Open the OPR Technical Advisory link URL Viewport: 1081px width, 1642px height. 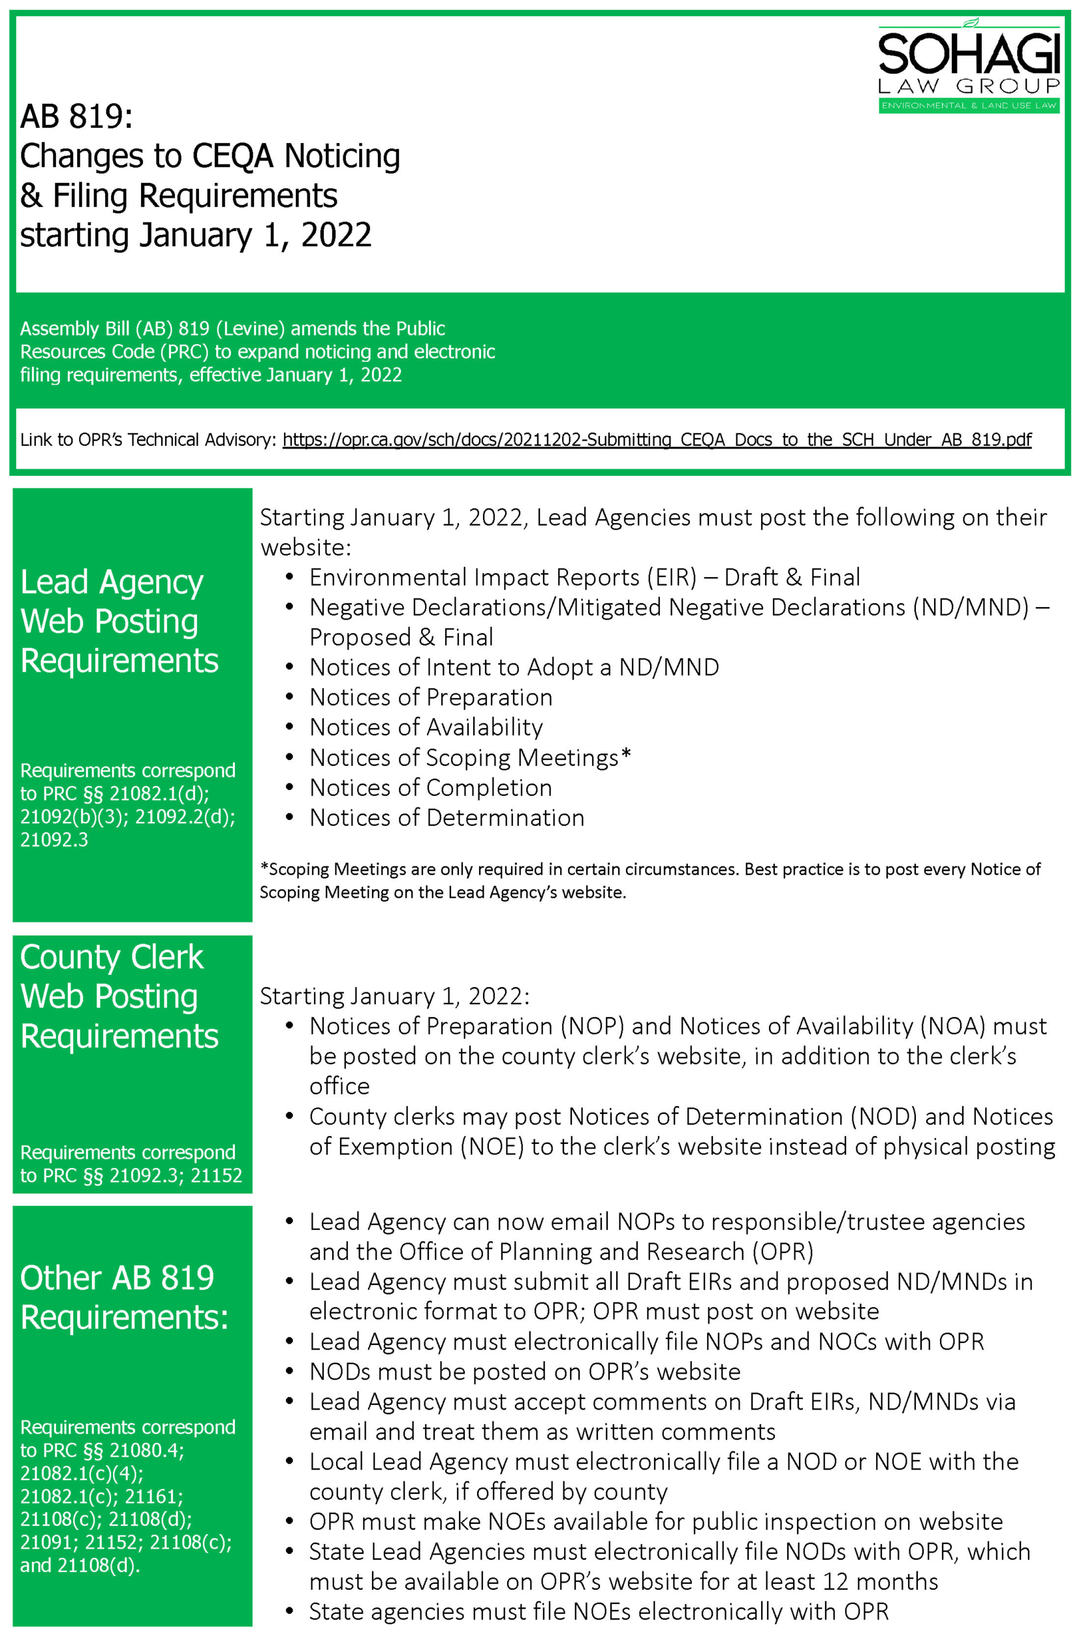[x=656, y=439]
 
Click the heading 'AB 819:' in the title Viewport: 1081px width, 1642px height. [x=76, y=117]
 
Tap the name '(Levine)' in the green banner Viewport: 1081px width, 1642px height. [x=250, y=328]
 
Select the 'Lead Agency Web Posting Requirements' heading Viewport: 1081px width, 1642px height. [x=119, y=621]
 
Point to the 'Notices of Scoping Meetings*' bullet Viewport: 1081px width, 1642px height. [x=470, y=757]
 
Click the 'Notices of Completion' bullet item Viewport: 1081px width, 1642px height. [x=430, y=787]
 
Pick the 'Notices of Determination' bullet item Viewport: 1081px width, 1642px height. [x=446, y=817]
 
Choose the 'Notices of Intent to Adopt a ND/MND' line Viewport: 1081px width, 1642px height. [x=514, y=667]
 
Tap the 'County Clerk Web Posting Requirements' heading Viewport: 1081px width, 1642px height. [x=119, y=996]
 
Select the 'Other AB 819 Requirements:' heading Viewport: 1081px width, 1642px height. [x=123, y=1297]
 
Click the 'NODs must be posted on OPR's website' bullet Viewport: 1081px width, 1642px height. [x=524, y=1371]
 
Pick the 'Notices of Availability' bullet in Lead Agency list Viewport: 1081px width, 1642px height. [x=426, y=727]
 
